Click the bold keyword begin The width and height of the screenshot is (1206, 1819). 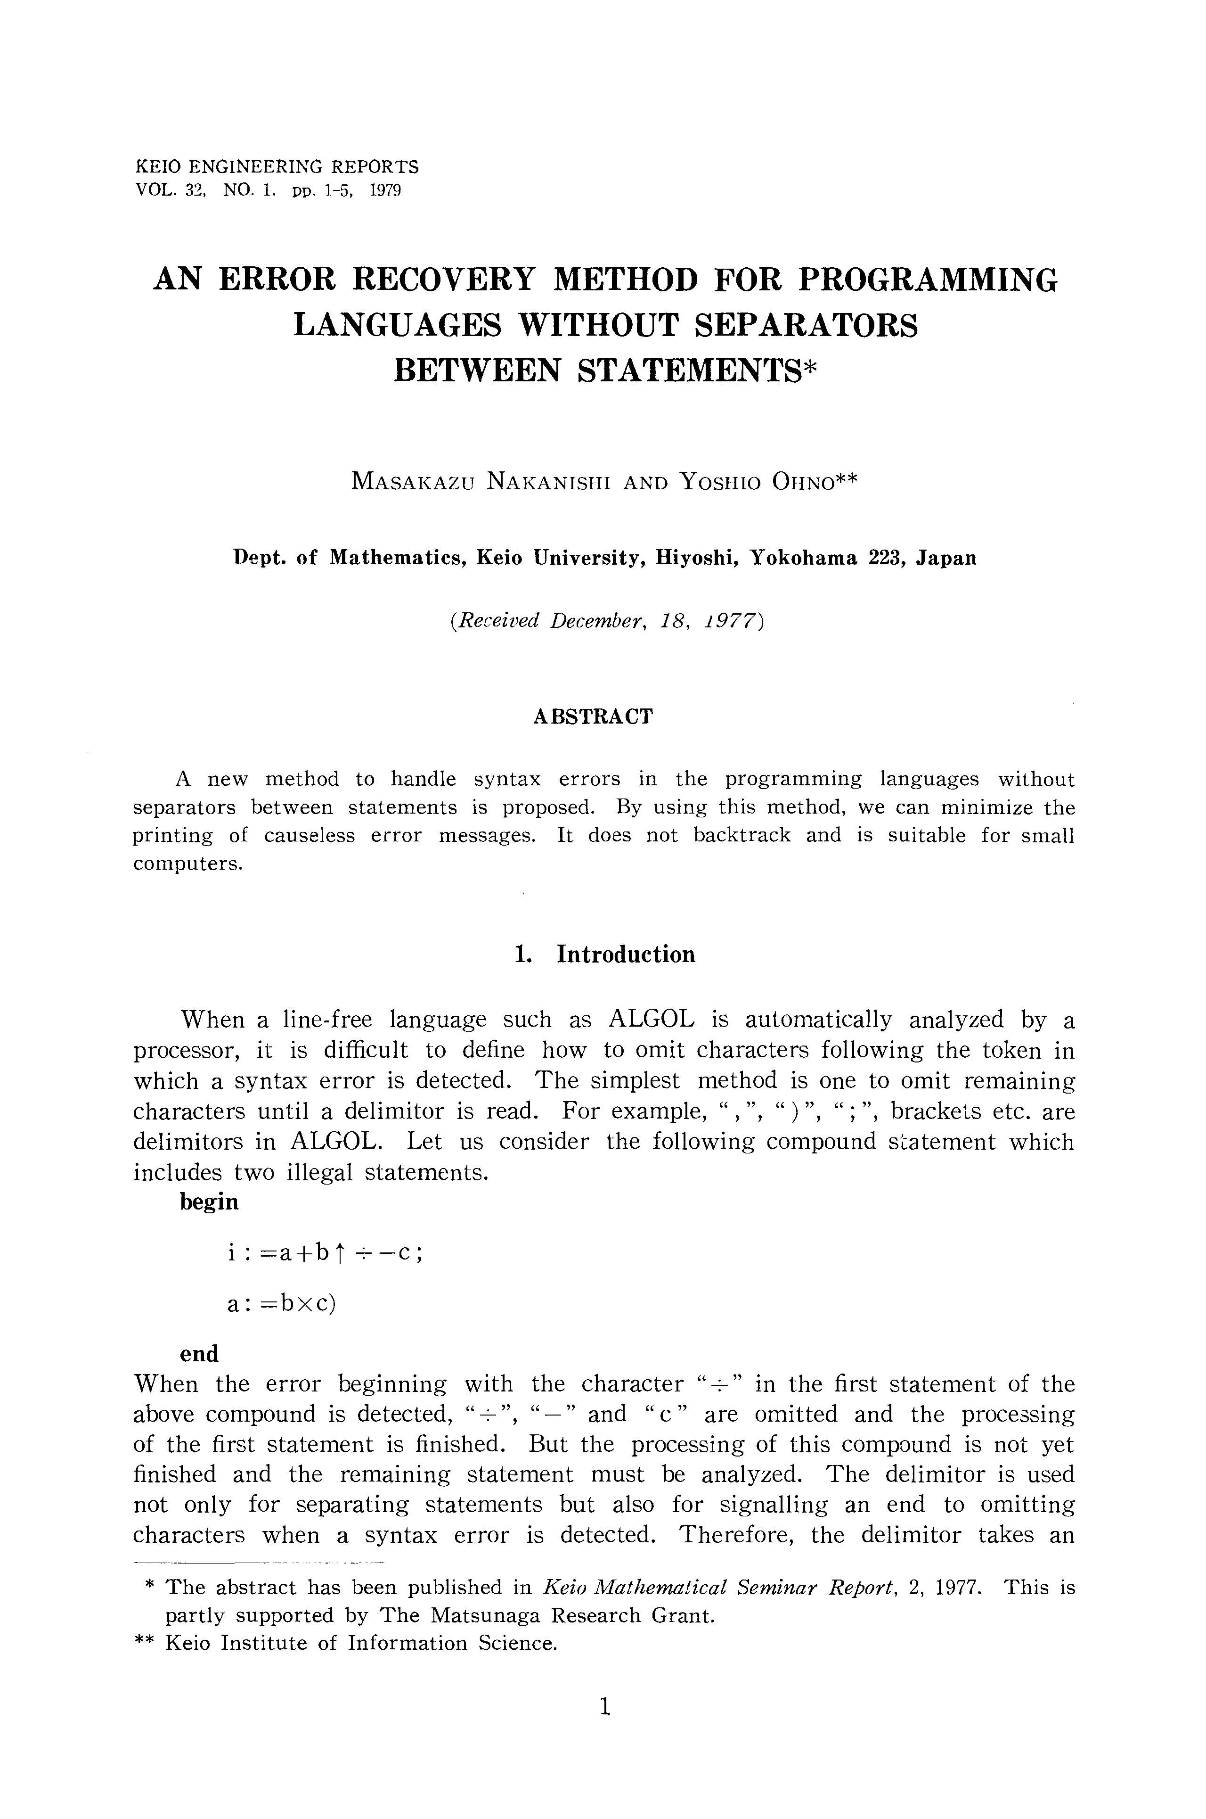pos(209,1202)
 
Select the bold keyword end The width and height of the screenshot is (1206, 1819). pos(199,1353)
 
